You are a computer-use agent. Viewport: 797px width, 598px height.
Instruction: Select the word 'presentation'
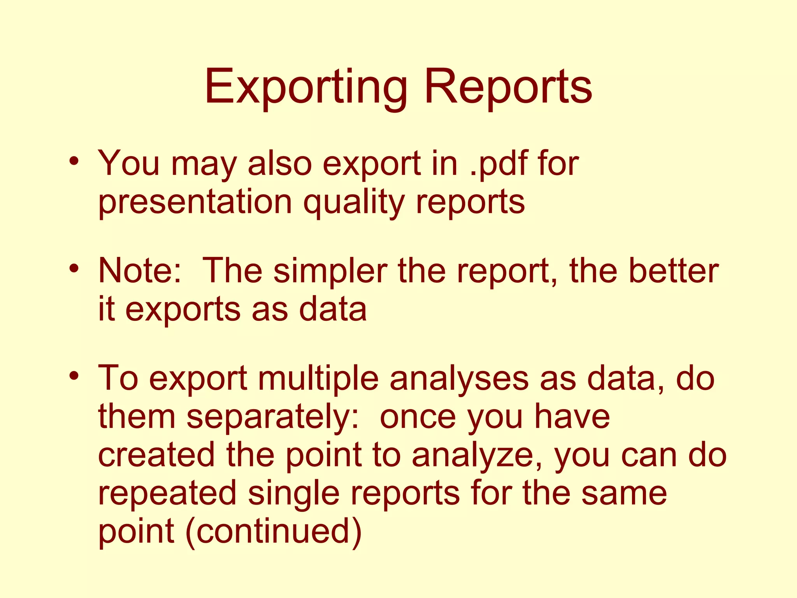click(195, 202)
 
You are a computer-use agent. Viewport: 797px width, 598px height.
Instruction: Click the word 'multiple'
click(318, 378)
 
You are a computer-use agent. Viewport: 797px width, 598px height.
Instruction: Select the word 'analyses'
click(459, 378)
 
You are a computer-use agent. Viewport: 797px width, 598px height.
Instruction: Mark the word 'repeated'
click(167, 493)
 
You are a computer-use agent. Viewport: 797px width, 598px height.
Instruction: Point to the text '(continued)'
click(274, 531)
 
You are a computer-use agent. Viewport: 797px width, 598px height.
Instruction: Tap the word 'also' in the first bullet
click(280, 164)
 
